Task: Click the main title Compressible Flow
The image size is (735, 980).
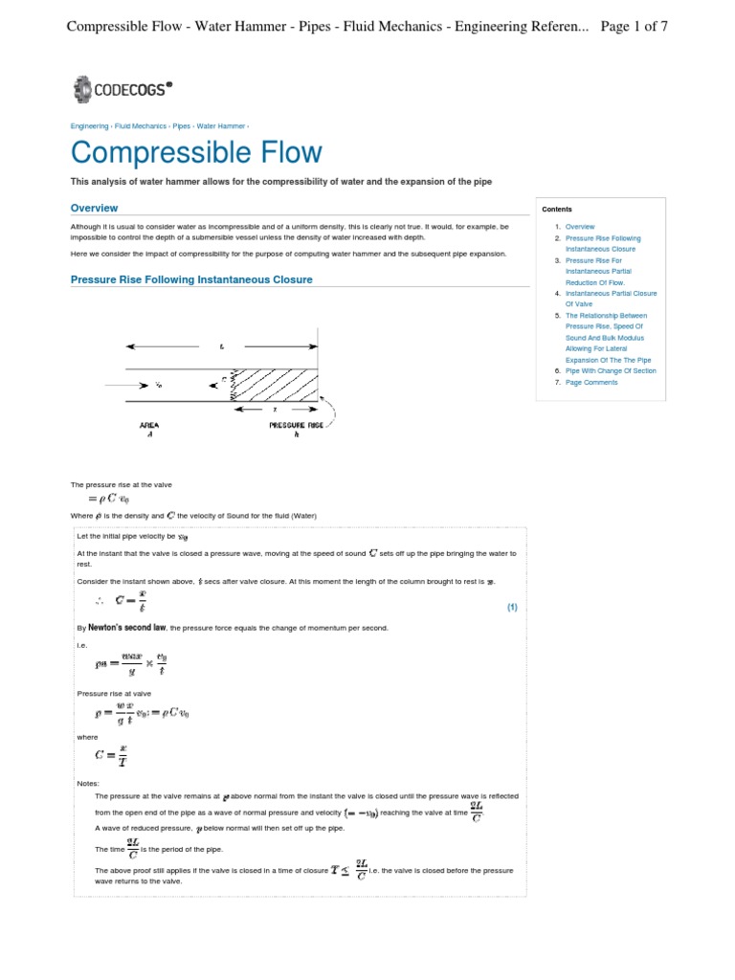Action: pyautogui.click(x=196, y=152)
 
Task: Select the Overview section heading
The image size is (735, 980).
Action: pyautogui.click(x=94, y=208)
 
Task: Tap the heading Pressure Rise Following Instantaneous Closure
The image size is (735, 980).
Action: pyautogui.click(x=191, y=279)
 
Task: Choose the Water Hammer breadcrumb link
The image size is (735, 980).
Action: pyautogui.click(x=221, y=125)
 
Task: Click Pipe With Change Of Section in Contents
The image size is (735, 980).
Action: pyautogui.click(x=611, y=370)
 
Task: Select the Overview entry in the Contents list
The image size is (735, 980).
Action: pyautogui.click(x=580, y=227)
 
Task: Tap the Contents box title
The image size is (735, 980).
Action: pyautogui.click(x=557, y=209)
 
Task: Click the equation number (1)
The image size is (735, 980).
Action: pyautogui.click(x=512, y=607)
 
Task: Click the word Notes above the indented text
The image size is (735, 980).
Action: pyautogui.click(x=87, y=783)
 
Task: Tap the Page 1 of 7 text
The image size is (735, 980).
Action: pyautogui.click(x=634, y=26)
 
